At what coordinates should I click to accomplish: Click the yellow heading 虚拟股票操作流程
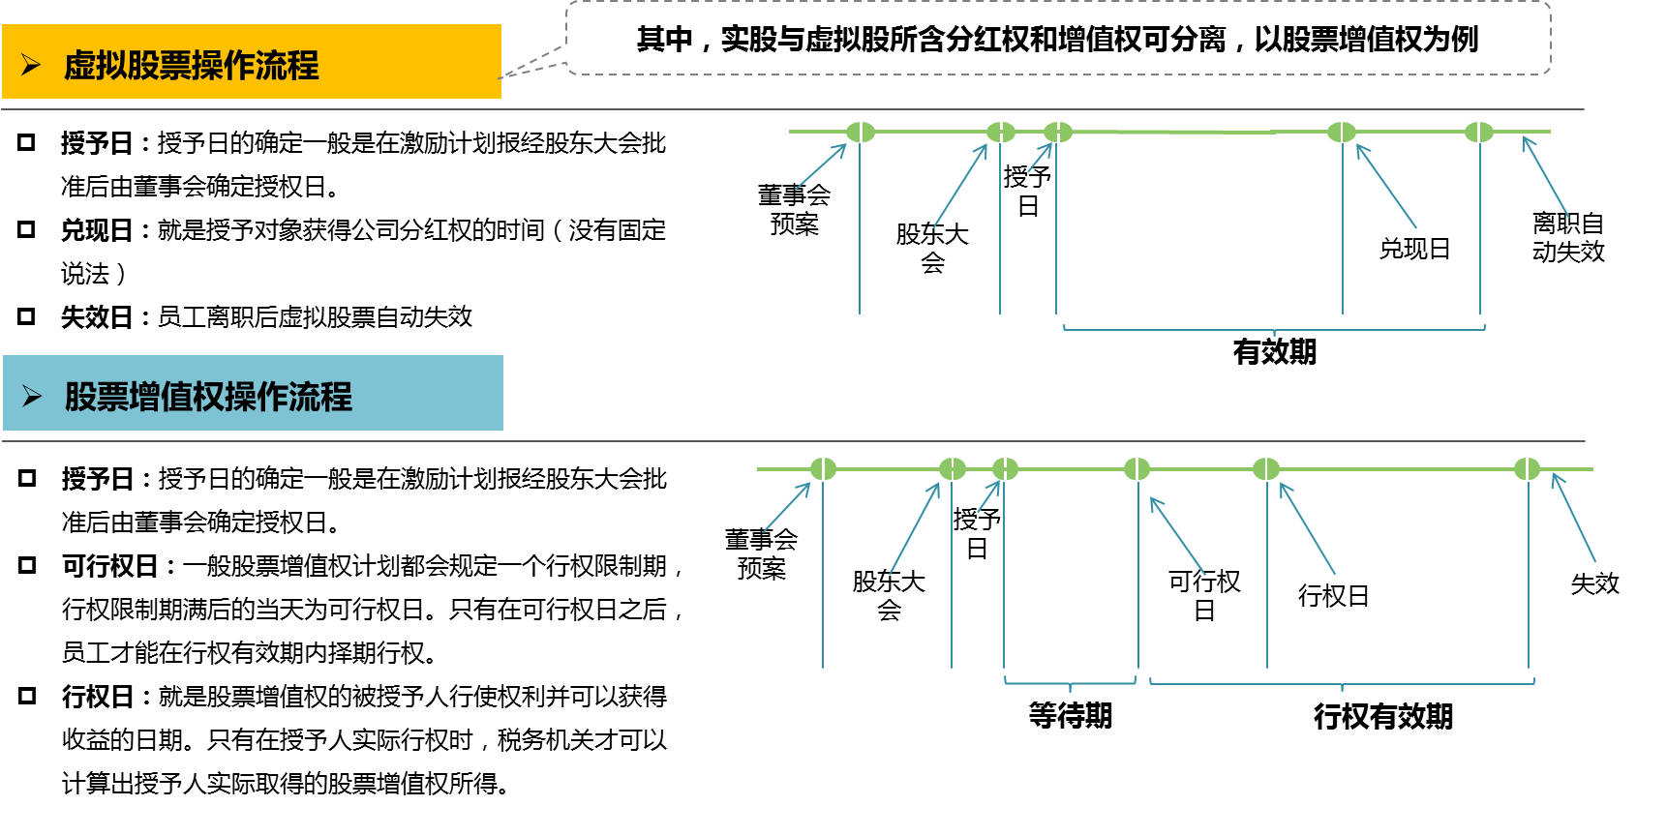tap(191, 66)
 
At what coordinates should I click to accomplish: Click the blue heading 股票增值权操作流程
tap(208, 397)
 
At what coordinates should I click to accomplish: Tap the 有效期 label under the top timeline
tap(1274, 352)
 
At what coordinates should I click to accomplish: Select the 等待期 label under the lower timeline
tap(1070, 716)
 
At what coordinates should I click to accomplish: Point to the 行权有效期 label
tap(1382, 716)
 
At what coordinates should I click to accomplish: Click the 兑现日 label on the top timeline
tap(1414, 250)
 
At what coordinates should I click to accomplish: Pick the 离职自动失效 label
tap(1567, 238)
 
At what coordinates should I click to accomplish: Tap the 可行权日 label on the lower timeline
tap(1203, 595)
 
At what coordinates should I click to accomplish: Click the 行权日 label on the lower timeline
tap(1333, 596)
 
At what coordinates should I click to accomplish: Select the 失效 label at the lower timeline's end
tap(1593, 583)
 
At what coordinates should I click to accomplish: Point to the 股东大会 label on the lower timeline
tap(889, 595)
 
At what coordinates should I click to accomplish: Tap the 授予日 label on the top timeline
tap(1027, 192)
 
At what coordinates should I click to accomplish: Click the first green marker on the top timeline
tap(860, 132)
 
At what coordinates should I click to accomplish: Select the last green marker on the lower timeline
tap(1527, 469)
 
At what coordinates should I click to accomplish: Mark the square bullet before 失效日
tap(26, 315)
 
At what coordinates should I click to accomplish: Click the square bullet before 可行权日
tap(27, 565)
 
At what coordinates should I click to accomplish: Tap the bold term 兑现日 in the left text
tap(96, 230)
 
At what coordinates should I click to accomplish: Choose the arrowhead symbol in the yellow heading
tap(31, 65)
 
